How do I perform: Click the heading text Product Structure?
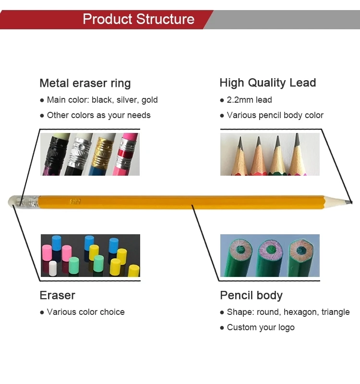[138, 19]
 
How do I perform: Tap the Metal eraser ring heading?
[85, 83]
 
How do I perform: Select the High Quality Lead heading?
[267, 83]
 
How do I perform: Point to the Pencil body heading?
[251, 295]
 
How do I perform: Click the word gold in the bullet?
[149, 100]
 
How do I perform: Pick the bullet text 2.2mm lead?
[249, 100]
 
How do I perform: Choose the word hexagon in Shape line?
[300, 312]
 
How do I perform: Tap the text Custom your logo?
[261, 327]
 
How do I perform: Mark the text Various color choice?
[85, 312]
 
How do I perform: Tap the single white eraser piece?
[53, 268]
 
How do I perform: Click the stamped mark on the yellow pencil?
[75, 201]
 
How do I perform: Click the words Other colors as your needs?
[98, 115]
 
